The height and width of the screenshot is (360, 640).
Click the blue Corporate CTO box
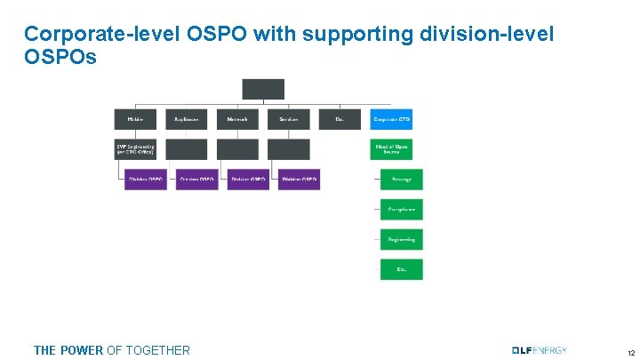coord(391,119)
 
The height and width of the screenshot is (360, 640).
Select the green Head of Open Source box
coord(391,148)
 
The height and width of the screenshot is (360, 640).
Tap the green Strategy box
coord(402,179)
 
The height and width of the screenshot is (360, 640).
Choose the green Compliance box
coord(402,209)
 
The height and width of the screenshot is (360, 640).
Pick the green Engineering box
coord(402,239)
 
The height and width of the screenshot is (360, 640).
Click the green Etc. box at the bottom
coord(402,268)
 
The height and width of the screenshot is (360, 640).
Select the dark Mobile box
coord(135,119)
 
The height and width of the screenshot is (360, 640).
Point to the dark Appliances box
coord(186,119)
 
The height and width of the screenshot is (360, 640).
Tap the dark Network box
coord(237,119)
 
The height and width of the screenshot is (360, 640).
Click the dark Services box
coord(289,119)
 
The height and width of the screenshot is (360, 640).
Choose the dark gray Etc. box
coord(340,119)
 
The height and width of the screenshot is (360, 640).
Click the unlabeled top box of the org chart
coord(263,89)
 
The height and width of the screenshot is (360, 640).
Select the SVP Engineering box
coord(135,148)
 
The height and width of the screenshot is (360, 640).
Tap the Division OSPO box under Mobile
coord(146,179)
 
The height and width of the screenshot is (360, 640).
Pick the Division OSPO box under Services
coord(299,179)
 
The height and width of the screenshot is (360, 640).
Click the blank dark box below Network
coord(237,148)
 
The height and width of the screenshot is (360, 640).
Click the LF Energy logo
coord(539,349)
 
